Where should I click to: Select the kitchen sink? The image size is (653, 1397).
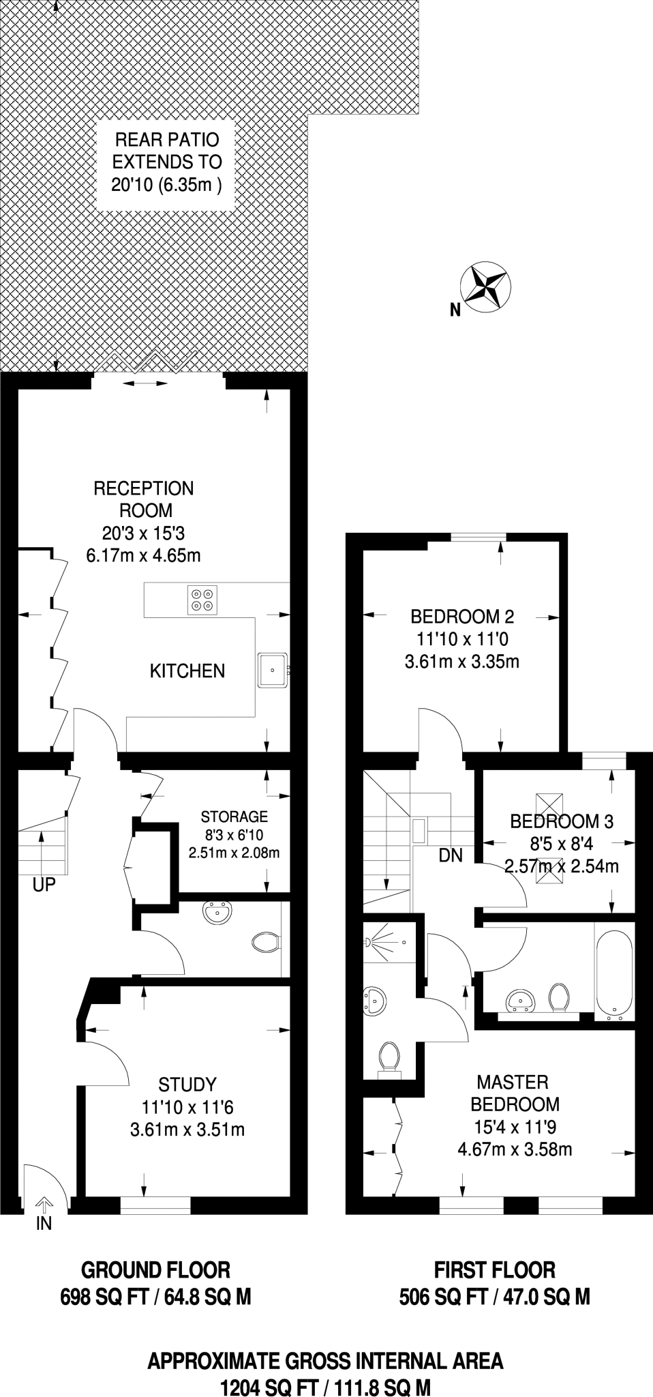click(x=273, y=670)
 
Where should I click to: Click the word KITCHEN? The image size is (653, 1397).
click(x=187, y=671)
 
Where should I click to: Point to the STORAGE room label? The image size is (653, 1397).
click(x=234, y=817)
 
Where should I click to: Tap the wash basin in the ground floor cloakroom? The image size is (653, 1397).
click(x=218, y=913)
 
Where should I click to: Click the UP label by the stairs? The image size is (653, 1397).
click(x=44, y=885)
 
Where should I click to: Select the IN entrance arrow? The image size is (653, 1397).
click(x=44, y=1204)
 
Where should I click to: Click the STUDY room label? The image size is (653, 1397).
click(x=187, y=1084)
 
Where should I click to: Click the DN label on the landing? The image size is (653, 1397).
click(x=451, y=855)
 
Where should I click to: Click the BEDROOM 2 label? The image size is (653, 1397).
click(x=462, y=617)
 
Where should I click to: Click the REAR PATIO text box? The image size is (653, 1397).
click(x=167, y=162)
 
